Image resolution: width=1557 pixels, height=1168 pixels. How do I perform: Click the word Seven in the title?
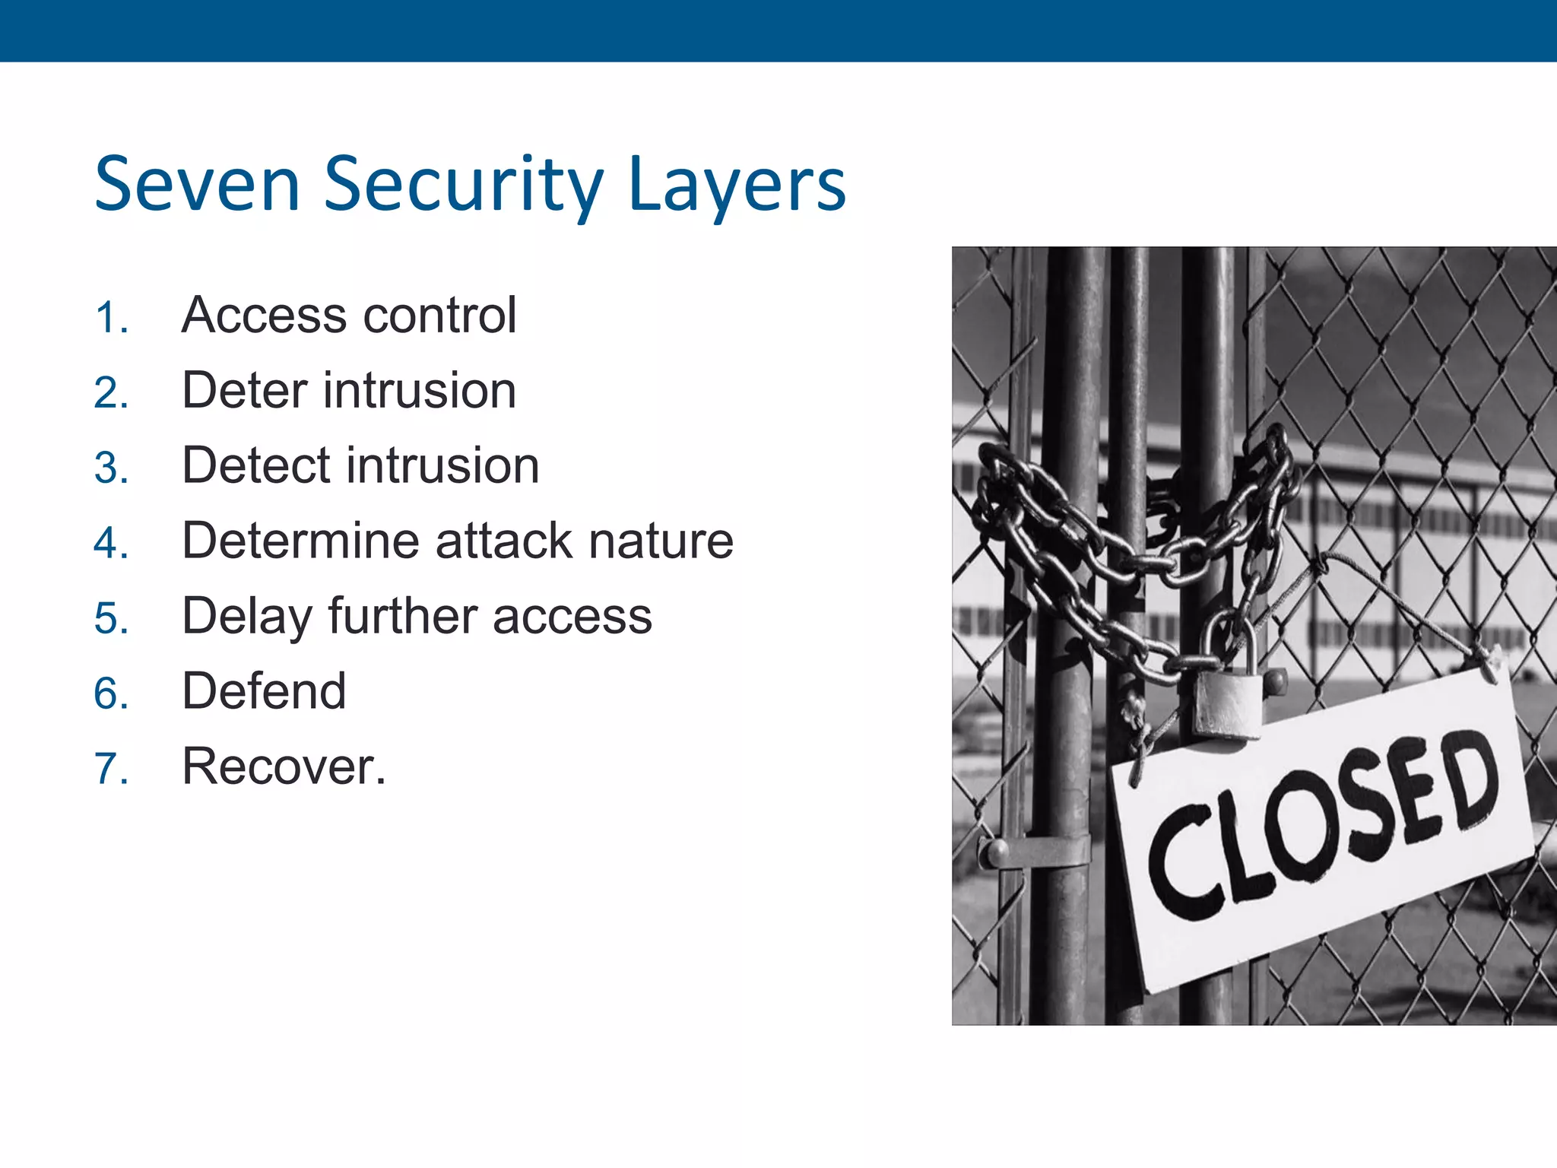[198, 185]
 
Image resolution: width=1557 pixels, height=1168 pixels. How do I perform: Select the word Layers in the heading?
[737, 185]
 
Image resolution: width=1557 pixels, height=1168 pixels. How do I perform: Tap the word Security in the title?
[464, 185]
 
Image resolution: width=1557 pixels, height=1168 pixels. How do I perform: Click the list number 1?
[110, 317]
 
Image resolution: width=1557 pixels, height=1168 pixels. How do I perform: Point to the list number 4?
[111, 543]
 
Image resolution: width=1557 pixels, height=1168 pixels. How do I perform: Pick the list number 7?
[111, 768]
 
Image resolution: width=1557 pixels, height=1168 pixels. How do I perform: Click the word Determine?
[300, 541]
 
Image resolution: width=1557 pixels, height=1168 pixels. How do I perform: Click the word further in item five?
[404, 615]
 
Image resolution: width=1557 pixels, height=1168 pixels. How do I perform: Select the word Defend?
[264, 690]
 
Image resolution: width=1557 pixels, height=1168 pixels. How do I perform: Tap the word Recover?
[283, 766]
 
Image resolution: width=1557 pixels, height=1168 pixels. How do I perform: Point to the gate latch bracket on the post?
[1034, 851]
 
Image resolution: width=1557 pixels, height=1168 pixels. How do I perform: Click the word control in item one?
[440, 315]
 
